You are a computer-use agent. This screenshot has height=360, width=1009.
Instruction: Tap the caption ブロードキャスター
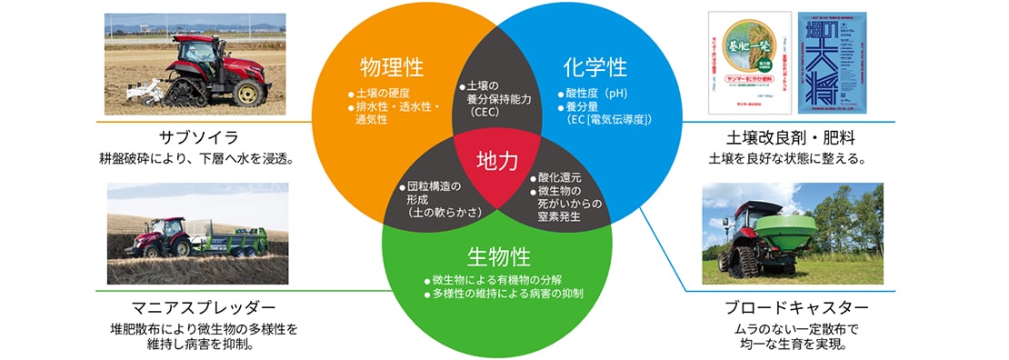[797, 307]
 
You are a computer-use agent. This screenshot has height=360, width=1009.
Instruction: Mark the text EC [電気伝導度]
[612, 119]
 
